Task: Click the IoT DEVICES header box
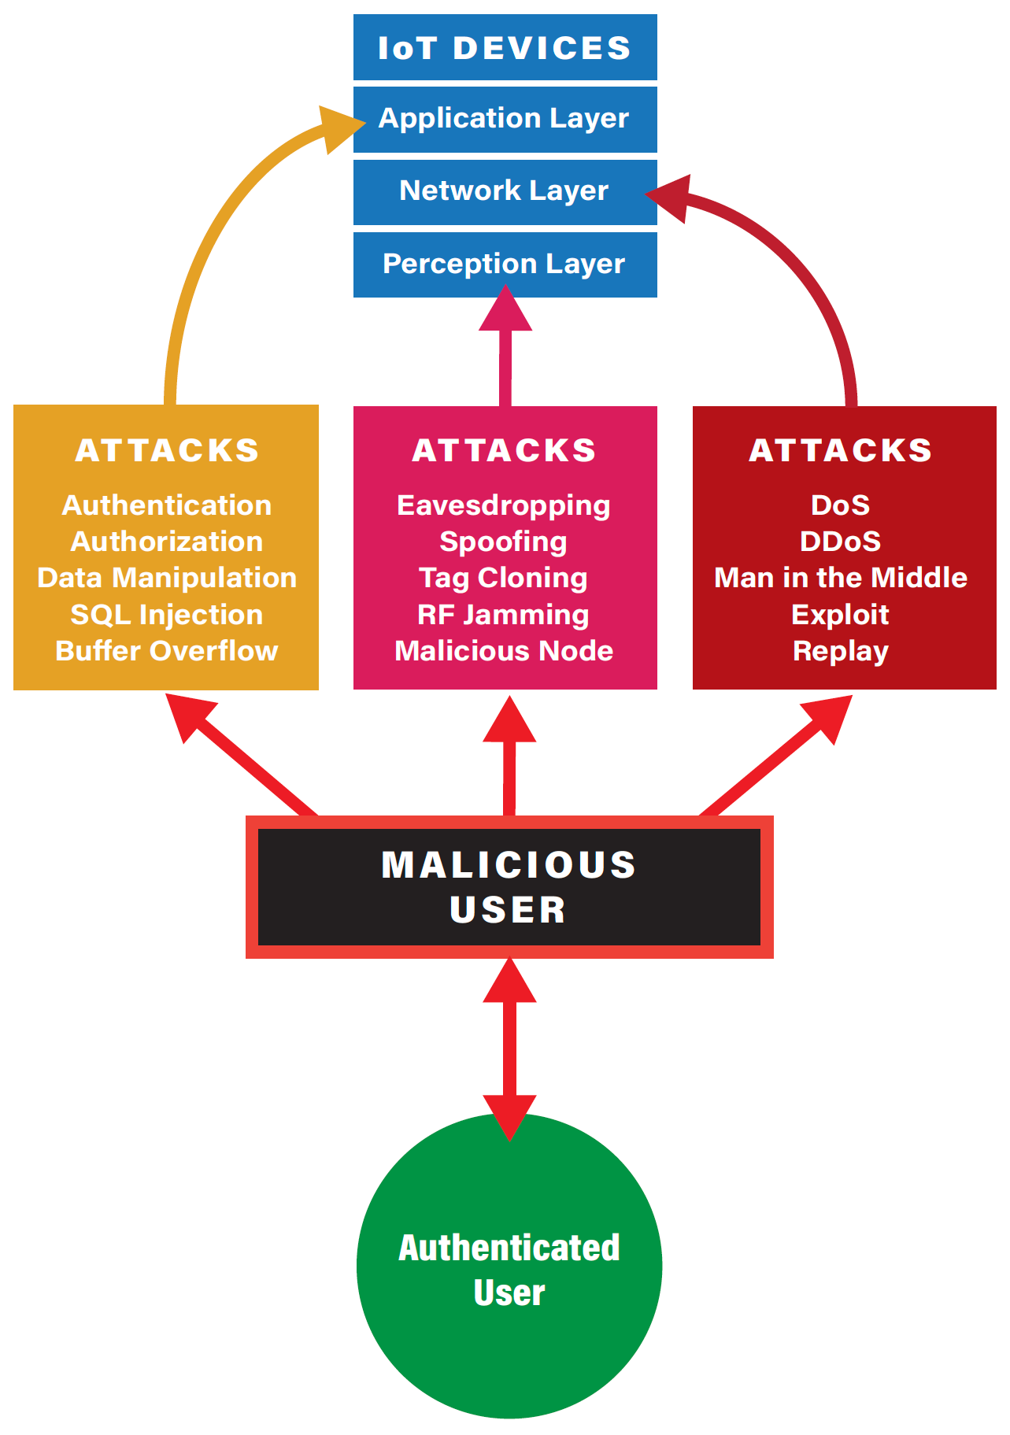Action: coord(505,47)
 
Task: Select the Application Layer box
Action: coord(505,119)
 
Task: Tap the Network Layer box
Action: coord(505,191)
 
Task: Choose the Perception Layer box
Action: coord(505,264)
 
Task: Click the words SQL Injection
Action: coord(166,615)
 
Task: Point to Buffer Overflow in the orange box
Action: coord(166,651)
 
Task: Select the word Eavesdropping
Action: coord(504,505)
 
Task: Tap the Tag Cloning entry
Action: coord(504,578)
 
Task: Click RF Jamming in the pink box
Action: coord(504,615)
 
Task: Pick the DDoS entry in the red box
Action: coord(841,542)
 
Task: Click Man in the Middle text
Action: coord(841,578)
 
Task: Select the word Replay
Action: coord(841,651)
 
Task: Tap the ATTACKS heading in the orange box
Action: coord(167,450)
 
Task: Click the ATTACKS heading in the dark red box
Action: coord(841,450)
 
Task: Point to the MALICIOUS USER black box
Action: coord(509,887)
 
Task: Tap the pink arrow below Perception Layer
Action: coord(505,346)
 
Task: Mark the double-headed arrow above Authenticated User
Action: coord(509,1047)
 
